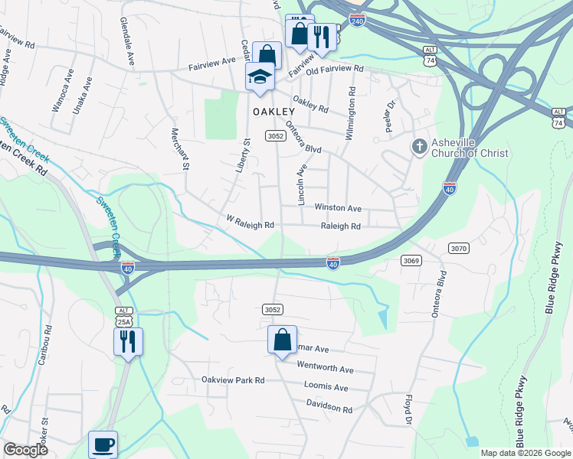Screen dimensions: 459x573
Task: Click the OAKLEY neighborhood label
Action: (x=273, y=112)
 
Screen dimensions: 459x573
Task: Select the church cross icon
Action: (x=419, y=145)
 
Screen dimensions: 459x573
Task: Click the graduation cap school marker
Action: (x=260, y=76)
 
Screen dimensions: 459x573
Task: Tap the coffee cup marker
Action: (x=103, y=444)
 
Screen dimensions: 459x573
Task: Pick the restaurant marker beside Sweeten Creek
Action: (x=127, y=340)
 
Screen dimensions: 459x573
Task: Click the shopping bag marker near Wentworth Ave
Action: (x=282, y=339)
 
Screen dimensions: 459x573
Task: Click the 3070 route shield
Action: (x=458, y=248)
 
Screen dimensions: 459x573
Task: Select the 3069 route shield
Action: (x=411, y=261)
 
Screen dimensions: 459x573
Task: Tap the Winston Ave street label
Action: (x=337, y=208)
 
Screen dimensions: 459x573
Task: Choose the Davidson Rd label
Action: (x=329, y=409)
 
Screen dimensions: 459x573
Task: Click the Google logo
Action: (x=25, y=450)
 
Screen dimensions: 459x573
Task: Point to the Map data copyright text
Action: (x=525, y=453)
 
